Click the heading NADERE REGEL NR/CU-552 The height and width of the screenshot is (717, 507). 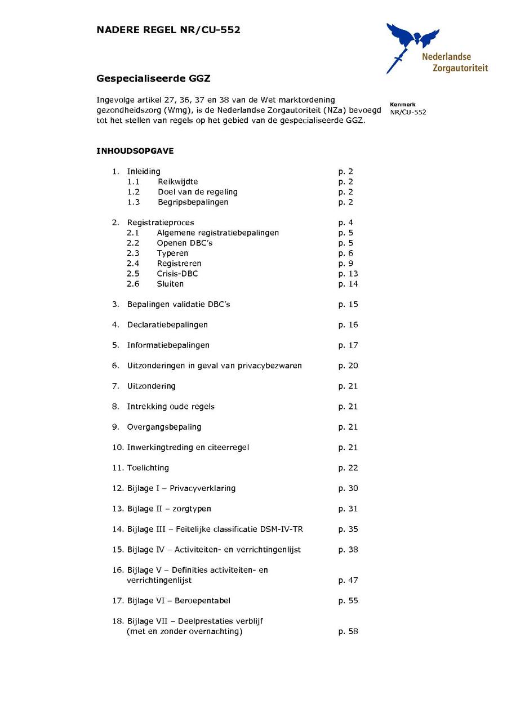point(168,30)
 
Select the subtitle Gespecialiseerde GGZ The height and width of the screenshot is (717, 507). point(153,78)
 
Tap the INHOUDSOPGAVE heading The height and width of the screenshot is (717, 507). point(135,151)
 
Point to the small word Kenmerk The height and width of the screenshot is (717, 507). point(402,104)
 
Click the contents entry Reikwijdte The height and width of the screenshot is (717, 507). point(177,181)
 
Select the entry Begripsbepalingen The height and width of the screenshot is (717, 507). point(193,202)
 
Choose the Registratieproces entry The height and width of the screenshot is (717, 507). point(161,222)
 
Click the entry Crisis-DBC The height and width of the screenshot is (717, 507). point(177,274)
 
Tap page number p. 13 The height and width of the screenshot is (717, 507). point(348,274)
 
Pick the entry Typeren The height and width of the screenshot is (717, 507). point(172,253)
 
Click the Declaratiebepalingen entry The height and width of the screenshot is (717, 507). point(167,324)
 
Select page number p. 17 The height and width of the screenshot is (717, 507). point(348,345)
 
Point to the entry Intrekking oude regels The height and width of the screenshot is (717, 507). point(171,406)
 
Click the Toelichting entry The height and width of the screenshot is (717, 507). point(148,467)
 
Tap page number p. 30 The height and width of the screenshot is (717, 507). point(348,488)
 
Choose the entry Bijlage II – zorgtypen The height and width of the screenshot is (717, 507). point(169,509)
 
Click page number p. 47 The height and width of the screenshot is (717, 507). point(348,580)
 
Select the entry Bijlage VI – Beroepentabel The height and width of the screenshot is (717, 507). point(179,600)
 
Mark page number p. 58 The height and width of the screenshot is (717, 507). point(348,631)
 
